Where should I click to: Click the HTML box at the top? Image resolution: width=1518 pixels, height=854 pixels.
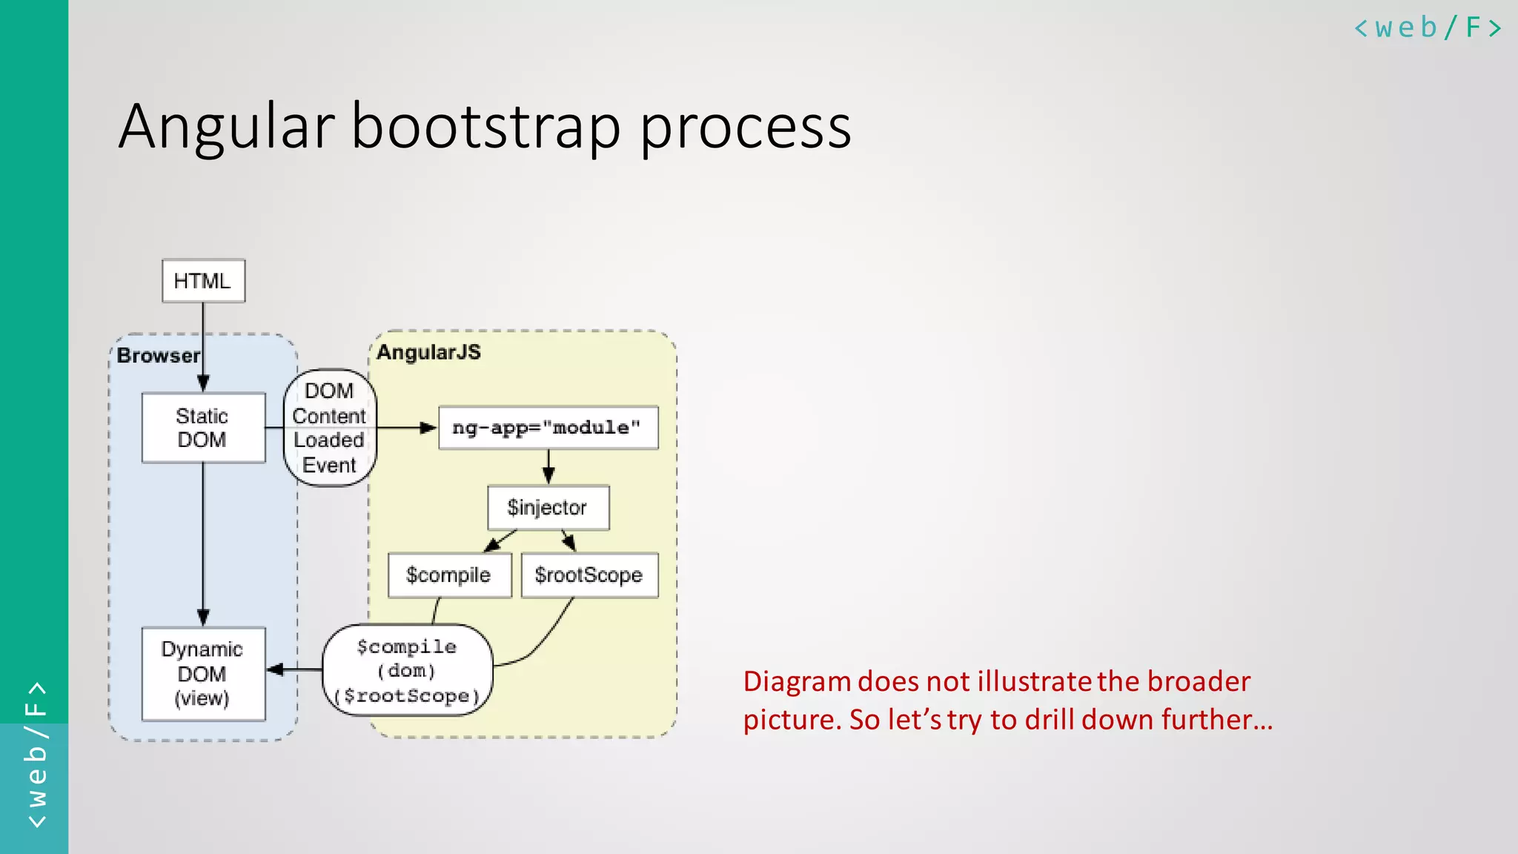(x=203, y=281)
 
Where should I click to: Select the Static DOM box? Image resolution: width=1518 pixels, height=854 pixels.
(x=203, y=428)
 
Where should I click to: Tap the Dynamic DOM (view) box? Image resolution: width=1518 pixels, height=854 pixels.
(x=203, y=673)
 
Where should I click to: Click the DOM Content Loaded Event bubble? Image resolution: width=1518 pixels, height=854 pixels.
(x=329, y=428)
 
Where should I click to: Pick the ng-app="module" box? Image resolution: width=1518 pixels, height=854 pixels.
(x=548, y=428)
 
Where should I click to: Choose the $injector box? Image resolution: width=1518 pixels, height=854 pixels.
(x=548, y=508)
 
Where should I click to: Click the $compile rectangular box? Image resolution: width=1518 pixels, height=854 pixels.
(x=449, y=575)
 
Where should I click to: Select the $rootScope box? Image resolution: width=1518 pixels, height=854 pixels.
(x=589, y=575)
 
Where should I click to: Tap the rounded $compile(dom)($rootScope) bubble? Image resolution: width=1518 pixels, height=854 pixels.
(x=407, y=671)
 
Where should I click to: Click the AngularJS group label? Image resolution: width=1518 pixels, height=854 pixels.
(x=428, y=352)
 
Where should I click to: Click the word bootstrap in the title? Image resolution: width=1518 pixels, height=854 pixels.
(x=485, y=128)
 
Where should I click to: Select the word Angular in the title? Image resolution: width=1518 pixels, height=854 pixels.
(x=227, y=128)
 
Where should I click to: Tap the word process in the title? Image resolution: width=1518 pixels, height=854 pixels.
(x=745, y=128)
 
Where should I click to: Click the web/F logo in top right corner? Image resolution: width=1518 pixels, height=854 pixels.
(x=1427, y=28)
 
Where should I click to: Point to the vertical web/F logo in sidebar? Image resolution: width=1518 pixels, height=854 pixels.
(x=35, y=755)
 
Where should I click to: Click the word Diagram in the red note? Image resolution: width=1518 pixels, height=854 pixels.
(x=797, y=681)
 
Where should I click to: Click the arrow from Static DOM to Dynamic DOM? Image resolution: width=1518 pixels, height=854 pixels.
(x=203, y=545)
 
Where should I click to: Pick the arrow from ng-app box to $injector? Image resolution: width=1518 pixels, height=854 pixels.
(x=548, y=467)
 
